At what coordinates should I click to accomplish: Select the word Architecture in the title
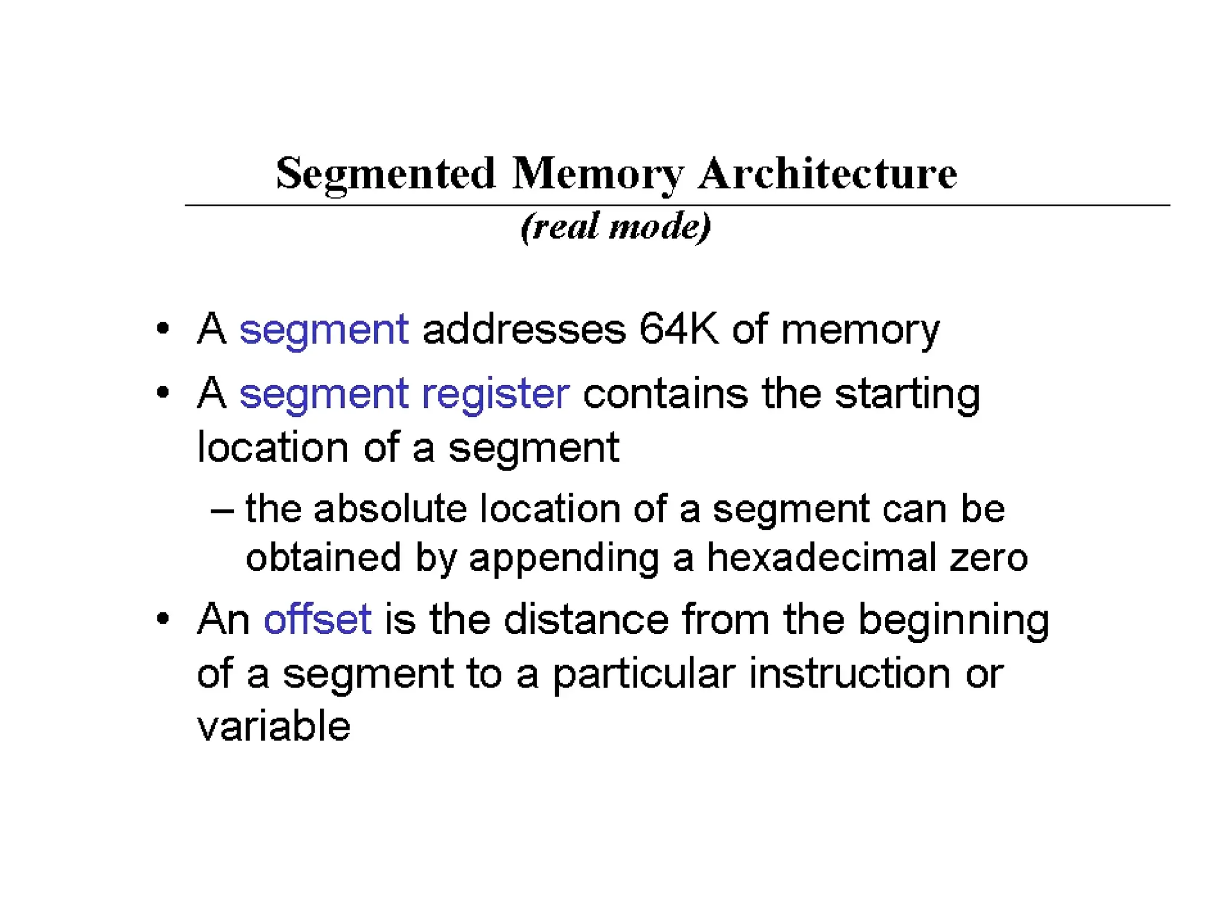click(827, 173)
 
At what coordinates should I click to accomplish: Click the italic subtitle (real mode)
click(615, 227)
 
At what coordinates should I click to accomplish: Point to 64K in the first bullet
click(678, 329)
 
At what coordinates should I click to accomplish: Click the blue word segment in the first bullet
click(324, 330)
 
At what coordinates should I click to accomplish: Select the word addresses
click(524, 329)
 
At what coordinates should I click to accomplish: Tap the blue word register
click(495, 395)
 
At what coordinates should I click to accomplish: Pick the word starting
click(907, 395)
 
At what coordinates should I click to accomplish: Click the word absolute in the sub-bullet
click(390, 509)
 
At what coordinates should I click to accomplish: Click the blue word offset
click(317, 619)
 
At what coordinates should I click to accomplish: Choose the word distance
click(586, 619)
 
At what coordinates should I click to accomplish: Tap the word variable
click(274, 726)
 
